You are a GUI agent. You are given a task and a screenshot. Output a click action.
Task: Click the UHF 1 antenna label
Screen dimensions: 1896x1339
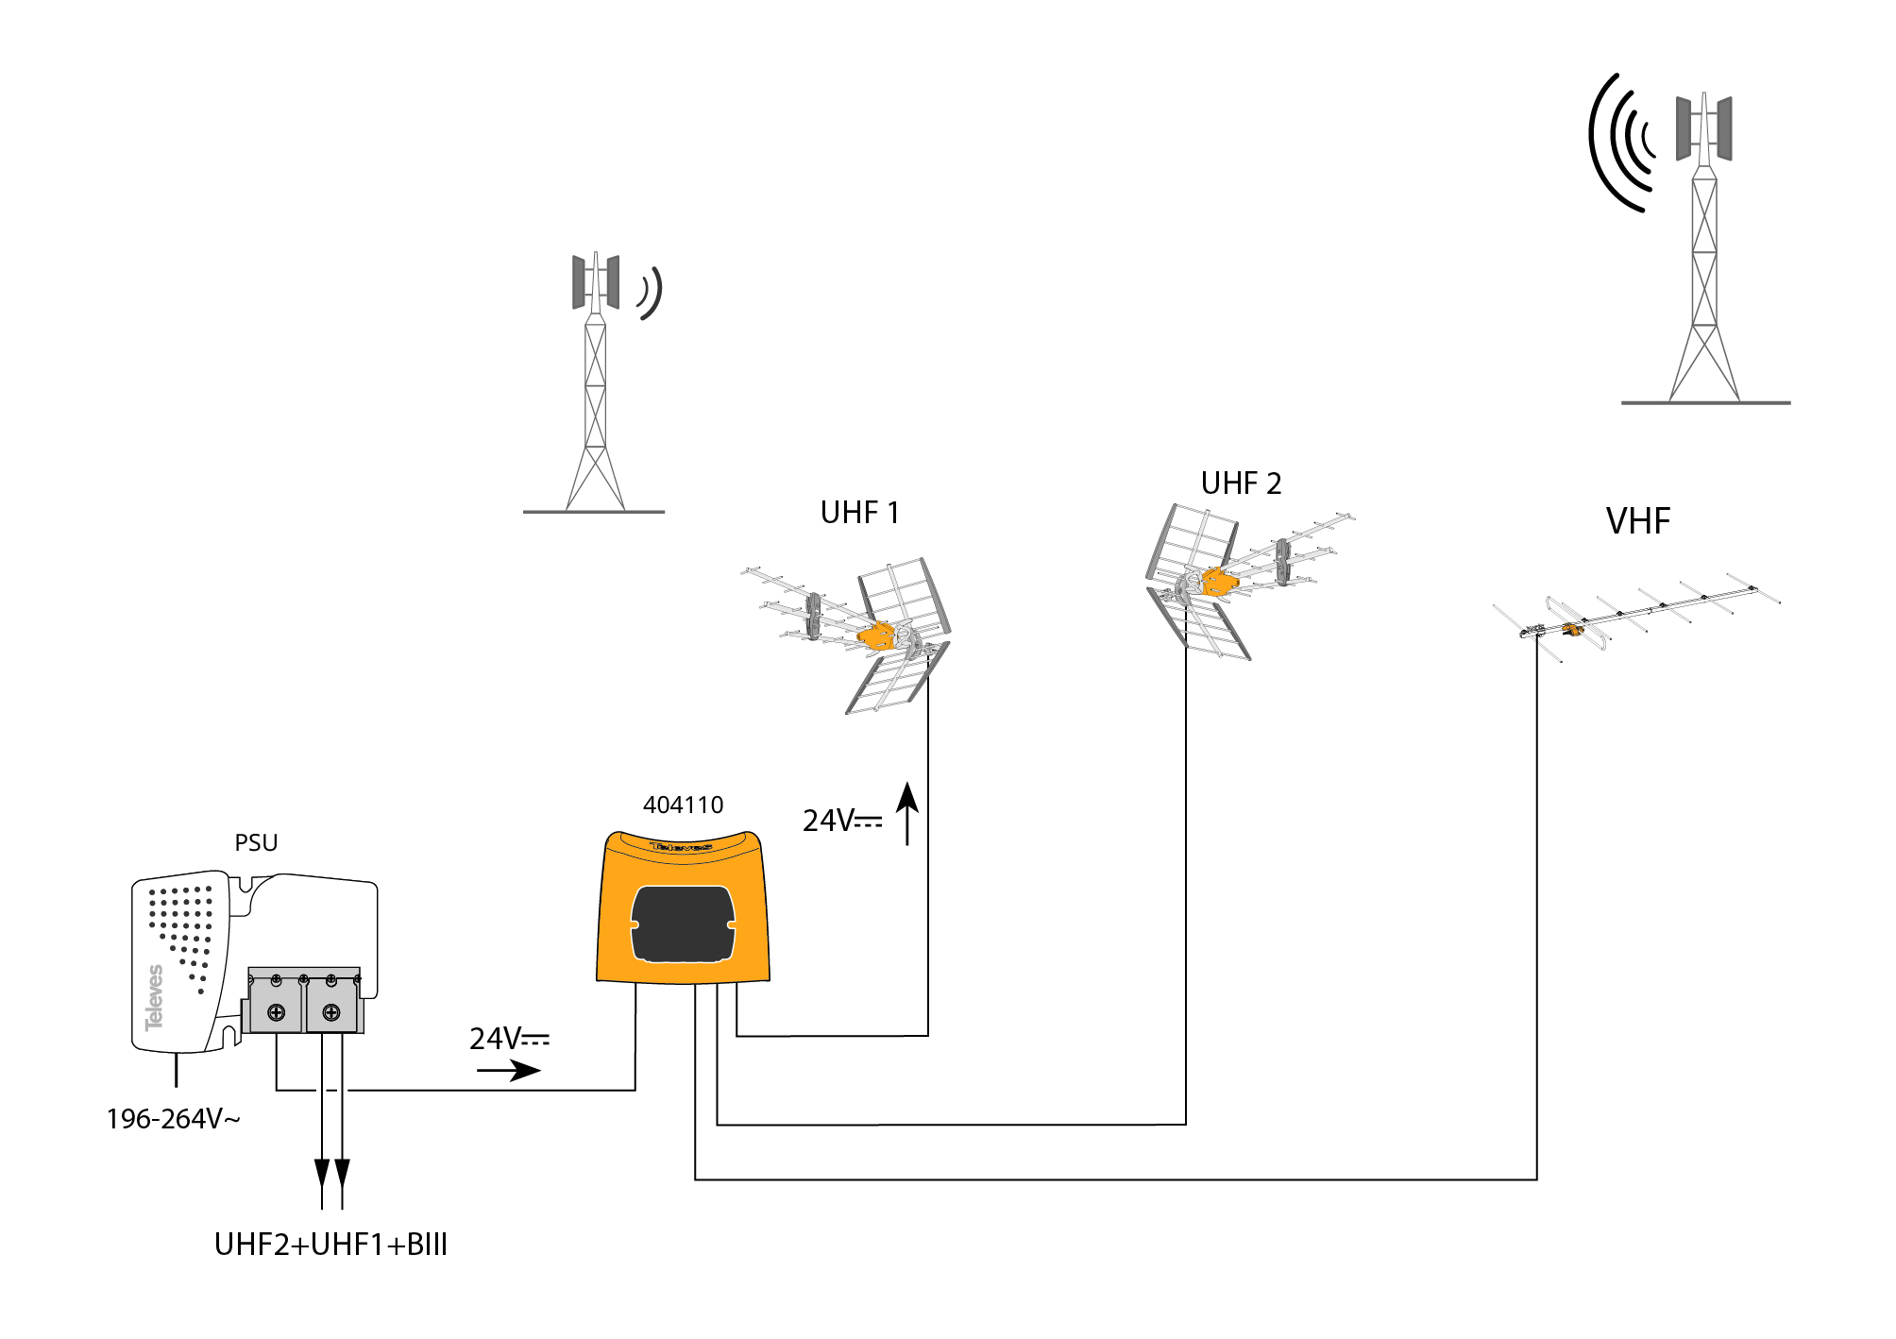click(859, 513)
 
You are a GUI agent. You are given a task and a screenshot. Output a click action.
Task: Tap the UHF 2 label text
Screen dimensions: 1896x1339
click(1241, 483)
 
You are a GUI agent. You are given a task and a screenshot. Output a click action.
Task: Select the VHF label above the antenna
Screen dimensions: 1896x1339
click(1638, 521)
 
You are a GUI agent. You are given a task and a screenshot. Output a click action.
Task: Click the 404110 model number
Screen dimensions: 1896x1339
click(683, 805)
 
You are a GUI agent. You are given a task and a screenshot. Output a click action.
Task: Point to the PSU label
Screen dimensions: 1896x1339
click(256, 843)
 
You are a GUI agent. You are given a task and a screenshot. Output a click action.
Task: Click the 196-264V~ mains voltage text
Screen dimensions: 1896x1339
click(173, 1119)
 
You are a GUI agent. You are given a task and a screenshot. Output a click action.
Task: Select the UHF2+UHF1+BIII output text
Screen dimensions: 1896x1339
click(330, 1245)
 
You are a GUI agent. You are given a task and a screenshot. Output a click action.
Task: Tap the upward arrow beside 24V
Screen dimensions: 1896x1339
click(907, 813)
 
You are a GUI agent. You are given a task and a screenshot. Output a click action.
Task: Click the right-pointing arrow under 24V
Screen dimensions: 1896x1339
click(509, 1070)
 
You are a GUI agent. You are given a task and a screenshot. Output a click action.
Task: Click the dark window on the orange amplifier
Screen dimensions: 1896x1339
click(683, 924)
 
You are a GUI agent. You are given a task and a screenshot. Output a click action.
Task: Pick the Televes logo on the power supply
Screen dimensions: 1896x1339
click(154, 997)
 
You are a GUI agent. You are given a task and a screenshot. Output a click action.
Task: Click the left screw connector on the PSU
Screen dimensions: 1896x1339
click(276, 1012)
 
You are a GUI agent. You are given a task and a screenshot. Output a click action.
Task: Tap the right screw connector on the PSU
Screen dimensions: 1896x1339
click(331, 1012)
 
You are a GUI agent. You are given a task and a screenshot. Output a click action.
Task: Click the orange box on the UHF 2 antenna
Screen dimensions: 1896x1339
click(1219, 582)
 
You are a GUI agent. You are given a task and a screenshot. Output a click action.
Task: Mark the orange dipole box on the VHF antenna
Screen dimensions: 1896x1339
click(1572, 629)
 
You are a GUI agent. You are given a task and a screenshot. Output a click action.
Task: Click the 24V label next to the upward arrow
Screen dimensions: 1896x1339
click(842, 821)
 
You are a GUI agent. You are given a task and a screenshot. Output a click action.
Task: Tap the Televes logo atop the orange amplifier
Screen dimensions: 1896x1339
click(681, 847)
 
